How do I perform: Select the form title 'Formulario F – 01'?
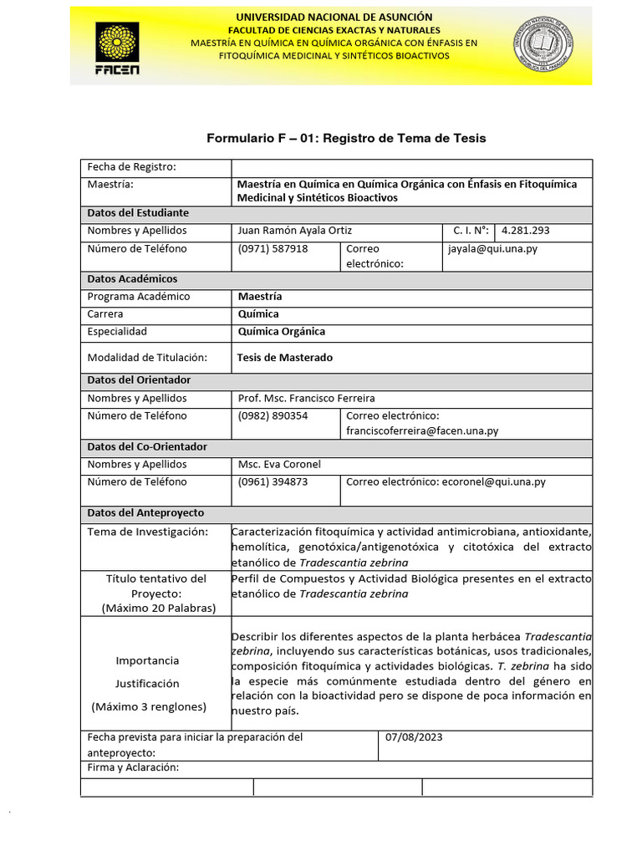click(x=346, y=138)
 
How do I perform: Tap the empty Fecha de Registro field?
click(x=411, y=167)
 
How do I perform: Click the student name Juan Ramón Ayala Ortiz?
click(x=302, y=231)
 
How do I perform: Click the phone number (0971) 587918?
click(x=273, y=249)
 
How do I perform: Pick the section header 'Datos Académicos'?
click(x=132, y=279)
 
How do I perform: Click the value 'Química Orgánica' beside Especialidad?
click(x=282, y=332)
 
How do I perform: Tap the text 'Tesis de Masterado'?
click(x=285, y=358)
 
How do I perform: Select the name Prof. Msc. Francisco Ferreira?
click(x=307, y=399)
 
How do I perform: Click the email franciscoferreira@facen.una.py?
click(x=422, y=431)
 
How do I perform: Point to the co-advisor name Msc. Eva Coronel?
click(x=279, y=465)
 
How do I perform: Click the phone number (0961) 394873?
click(x=273, y=482)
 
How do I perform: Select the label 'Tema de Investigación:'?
click(x=146, y=532)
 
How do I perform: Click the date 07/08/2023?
click(x=414, y=737)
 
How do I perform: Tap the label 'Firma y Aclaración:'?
click(x=134, y=768)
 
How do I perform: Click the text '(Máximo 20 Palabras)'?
click(x=156, y=608)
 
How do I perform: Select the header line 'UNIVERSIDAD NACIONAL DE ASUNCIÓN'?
click(x=334, y=17)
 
